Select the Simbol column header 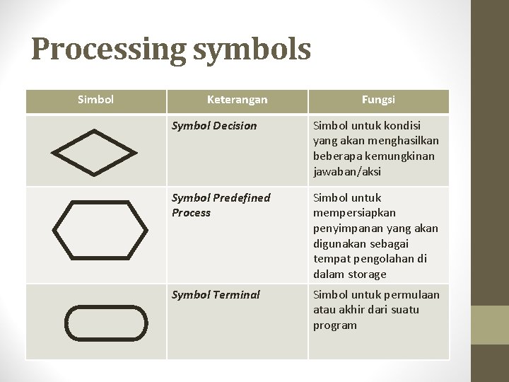[95, 100]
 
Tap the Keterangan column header [237, 100]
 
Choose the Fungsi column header [378, 100]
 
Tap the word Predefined [242, 198]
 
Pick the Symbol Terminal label [216, 295]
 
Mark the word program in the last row [335, 325]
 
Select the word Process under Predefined [192, 213]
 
